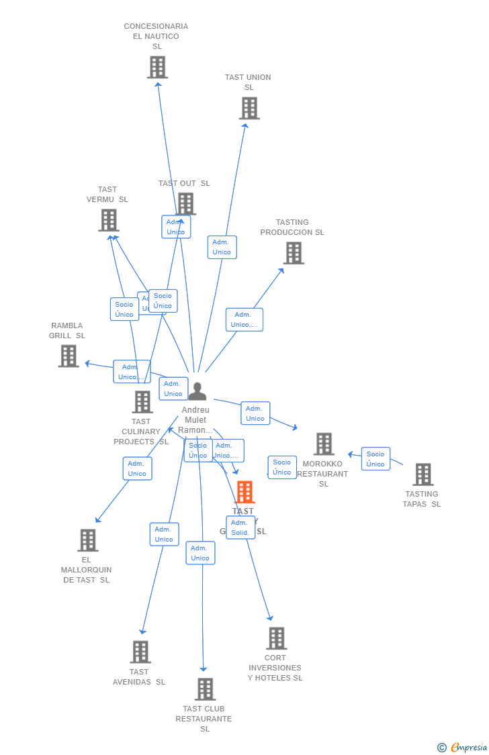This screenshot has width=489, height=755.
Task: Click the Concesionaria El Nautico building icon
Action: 157,67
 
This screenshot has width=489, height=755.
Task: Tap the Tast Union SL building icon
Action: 249,108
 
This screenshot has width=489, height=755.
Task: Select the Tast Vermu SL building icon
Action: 109,220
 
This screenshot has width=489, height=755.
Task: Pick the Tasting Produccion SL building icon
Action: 294,253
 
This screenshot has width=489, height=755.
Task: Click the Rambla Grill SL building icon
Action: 69,356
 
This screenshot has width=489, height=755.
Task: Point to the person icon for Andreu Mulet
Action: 197,391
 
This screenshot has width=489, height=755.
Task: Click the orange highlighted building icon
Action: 244,492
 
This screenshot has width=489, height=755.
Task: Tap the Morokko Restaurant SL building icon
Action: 324,444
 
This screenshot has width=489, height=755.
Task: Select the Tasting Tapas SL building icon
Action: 423,474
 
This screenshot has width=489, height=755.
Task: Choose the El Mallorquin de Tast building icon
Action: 87,540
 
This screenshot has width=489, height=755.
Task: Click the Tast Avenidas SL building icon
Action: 140,652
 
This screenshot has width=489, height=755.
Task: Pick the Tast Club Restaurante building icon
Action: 205,689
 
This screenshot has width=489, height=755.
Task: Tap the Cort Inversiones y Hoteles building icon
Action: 276,638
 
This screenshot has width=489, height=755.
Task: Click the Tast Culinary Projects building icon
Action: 142,402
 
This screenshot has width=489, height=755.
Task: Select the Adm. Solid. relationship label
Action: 240,527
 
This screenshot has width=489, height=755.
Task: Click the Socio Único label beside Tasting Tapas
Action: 375,459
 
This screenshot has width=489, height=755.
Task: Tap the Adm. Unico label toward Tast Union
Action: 222,247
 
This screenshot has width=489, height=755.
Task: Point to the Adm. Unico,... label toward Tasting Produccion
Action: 244,319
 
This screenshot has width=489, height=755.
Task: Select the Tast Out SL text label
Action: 184,183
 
